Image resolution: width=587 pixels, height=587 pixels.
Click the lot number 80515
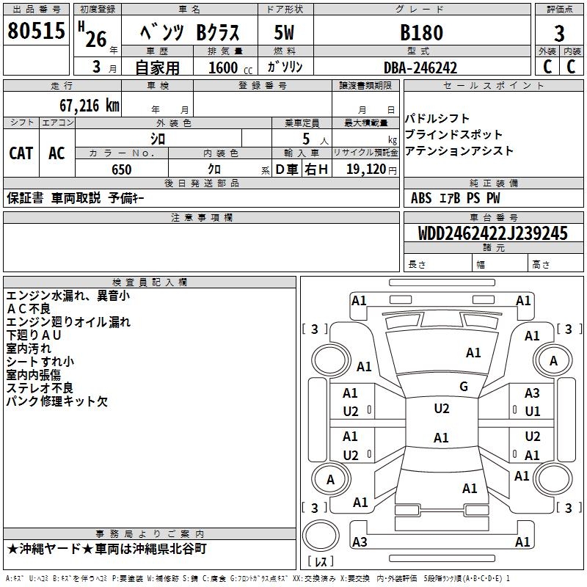tap(35, 32)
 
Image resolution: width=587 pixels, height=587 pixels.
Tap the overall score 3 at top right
tap(559, 33)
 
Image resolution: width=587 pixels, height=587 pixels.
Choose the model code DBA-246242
tap(420, 68)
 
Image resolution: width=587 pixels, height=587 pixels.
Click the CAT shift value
tap(21, 153)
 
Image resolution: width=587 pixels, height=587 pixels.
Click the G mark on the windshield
tap(463, 387)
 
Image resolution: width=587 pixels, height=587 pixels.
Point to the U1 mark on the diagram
tap(532, 411)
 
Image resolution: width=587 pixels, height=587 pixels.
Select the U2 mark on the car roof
tap(441, 409)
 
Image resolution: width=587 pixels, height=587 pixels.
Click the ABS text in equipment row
tap(421, 198)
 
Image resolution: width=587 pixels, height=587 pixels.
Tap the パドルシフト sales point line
tap(437, 119)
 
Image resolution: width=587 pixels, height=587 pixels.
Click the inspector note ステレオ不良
tap(40, 388)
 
